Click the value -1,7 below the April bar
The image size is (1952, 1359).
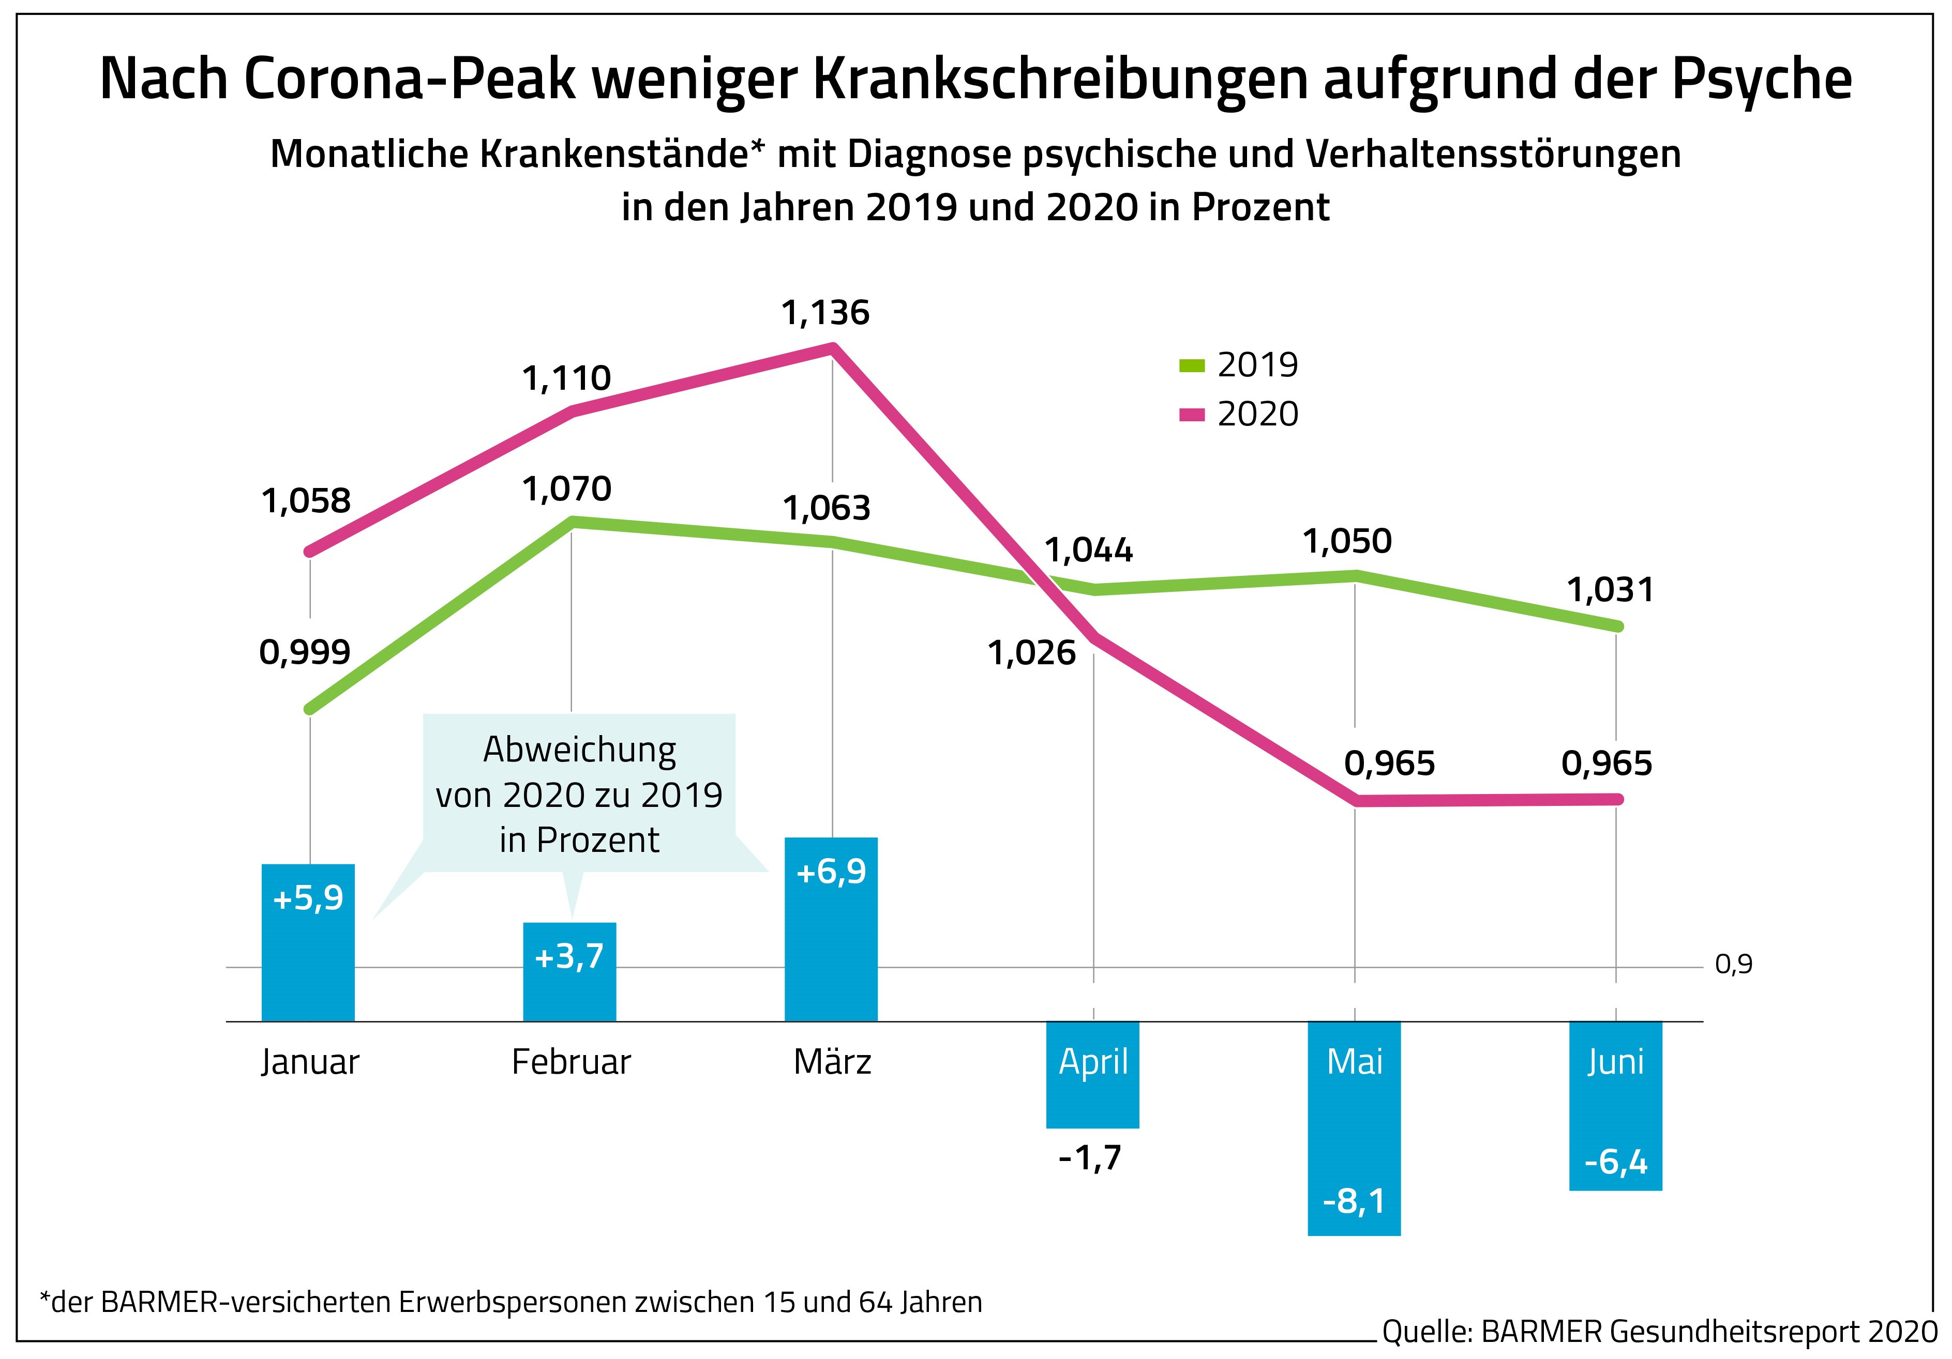pyautogui.click(x=1091, y=1157)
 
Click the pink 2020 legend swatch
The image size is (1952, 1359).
pyautogui.click(x=1192, y=415)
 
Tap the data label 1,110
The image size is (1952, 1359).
pyautogui.click(x=566, y=378)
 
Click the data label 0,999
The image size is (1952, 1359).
pyautogui.click(x=304, y=653)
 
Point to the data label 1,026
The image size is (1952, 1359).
pyautogui.click(x=1031, y=653)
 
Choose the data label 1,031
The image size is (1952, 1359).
pyautogui.click(x=1610, y=590)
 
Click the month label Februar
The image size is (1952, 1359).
pyautogui.click(x=570, y=1062)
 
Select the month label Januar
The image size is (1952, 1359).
pyautogui.click(x=309, y=1062)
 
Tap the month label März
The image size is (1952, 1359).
pyautogui.click(x=832, y=1062)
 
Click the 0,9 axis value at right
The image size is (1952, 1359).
pyautogui.click(x=1734, y=965)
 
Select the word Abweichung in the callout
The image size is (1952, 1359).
pyautogui.click(x=579, y=750)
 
